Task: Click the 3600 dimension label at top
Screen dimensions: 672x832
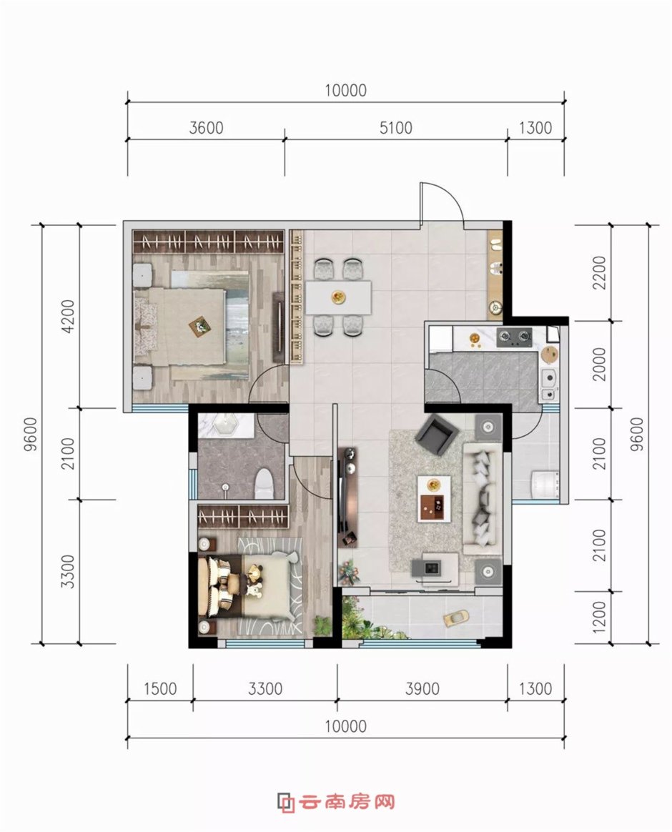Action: pos(206,128)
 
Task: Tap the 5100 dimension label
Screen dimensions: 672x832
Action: pos(396,128)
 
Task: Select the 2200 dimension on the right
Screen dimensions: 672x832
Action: pos(600,273)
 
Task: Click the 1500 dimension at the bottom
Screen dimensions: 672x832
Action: pos(159,689)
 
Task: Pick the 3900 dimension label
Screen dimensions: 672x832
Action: pos(422,689)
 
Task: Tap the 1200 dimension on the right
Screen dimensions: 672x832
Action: pos(600,617)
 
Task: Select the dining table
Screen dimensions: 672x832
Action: pos(338,297)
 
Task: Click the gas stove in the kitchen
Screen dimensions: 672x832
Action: pos(514,335)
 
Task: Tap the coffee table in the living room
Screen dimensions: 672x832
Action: pos(434,497)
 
